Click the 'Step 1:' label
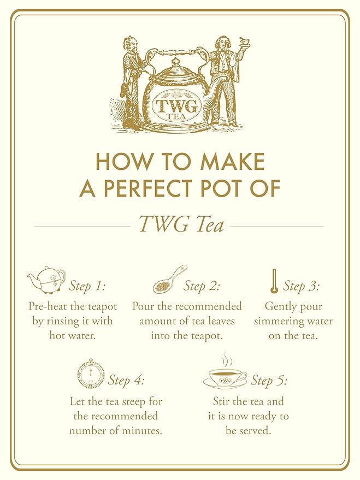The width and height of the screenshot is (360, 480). pos(87,286)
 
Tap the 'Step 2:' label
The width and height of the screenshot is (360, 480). pos(202,286)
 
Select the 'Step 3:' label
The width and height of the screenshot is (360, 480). pos(302,286)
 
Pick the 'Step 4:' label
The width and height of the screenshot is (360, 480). pos(126,380)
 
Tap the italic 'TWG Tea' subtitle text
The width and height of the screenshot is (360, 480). pos(181,223)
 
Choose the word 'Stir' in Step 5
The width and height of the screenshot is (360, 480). pos(221,402)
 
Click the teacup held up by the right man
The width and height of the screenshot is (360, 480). pos(244,41)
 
